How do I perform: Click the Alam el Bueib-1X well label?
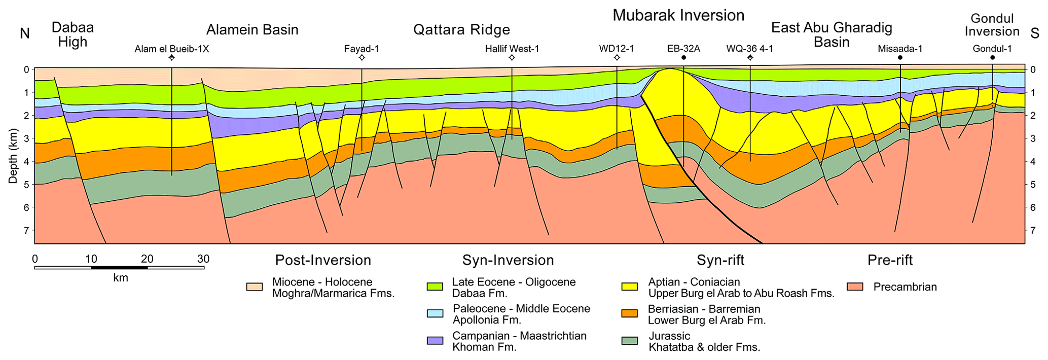click(171, 49)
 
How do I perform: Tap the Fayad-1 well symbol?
click(362, 58)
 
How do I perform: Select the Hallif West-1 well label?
click(512, 49)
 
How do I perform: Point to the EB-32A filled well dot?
click(683, 58)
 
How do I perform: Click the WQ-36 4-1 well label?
click(749, 49)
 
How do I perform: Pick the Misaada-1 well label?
click(900, 49)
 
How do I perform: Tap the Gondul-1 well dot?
click(992, 58)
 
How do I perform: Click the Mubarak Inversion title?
click(678, 16)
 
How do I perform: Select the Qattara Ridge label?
click(461, 30)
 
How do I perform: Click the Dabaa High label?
click(73, 34)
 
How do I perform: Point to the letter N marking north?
click(24, 33)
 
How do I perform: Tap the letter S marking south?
click(1035, 33)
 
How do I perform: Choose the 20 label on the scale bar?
click(147, 259)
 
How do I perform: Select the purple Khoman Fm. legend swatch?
click(435, 341)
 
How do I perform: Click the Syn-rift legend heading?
click(720, 260)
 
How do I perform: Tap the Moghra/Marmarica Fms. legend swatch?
click(255, 287)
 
